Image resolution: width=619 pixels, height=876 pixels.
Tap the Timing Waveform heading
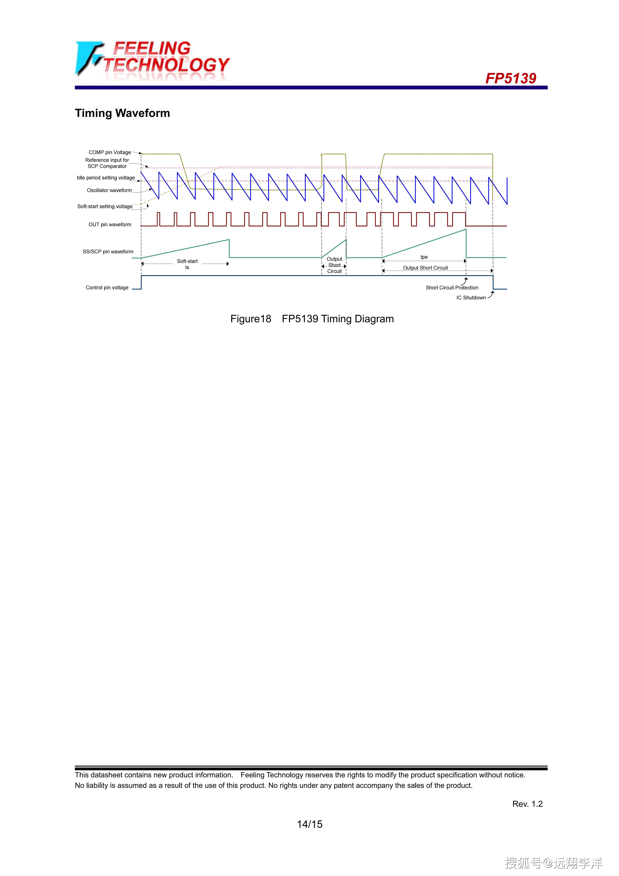(122, 113)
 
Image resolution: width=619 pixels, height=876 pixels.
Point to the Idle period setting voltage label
(106, 178)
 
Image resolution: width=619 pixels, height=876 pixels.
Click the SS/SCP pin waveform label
(108, 252)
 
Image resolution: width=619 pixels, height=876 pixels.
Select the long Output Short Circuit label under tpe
(425, 268)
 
